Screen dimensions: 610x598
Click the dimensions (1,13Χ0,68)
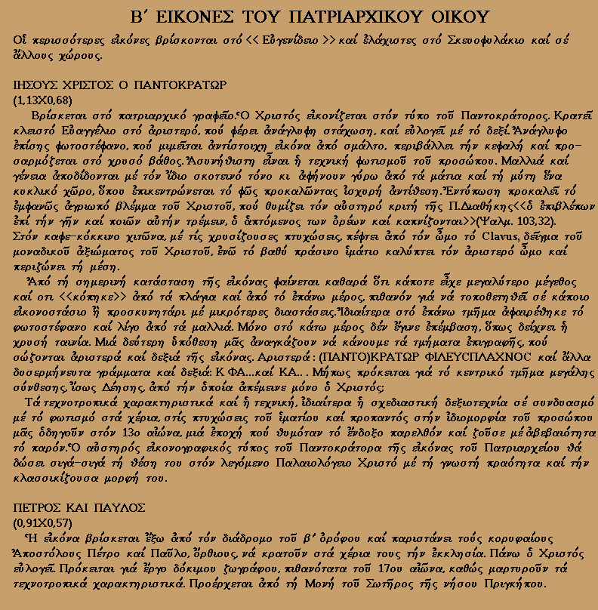click(x=42, y=99)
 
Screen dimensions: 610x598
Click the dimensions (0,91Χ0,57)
click(x=42, y=521)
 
